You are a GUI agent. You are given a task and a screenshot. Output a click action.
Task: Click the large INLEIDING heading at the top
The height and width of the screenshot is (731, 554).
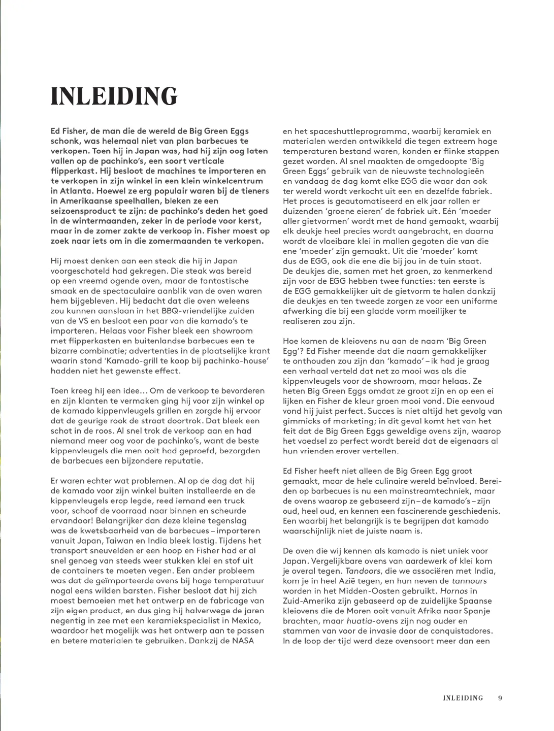(x=114, y=96)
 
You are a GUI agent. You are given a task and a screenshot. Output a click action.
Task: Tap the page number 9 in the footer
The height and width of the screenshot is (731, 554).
(x=500, y=698)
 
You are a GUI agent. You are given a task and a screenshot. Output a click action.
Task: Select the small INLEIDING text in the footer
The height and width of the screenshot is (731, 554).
(x=463, y=698)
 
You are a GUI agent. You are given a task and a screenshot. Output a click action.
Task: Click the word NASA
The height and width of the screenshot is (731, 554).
(x=243, y=641)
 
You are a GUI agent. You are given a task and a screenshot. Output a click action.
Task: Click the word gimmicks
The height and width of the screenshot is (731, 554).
(x=304, y=421)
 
